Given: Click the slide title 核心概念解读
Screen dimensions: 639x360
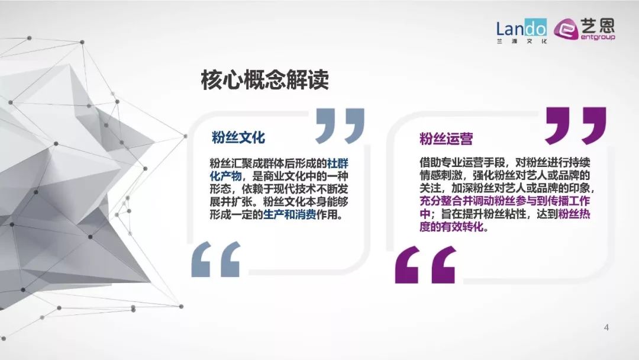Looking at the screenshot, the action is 265,80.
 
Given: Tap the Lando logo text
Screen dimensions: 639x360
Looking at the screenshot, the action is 521,28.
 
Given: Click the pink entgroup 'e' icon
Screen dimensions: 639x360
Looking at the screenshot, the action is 566,30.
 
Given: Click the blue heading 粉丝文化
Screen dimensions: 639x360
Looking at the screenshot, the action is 238,137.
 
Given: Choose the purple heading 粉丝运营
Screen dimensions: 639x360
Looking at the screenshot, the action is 446,139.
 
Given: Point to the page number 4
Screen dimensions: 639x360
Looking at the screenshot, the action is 606,327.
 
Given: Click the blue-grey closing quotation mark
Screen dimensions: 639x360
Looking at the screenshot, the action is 340,126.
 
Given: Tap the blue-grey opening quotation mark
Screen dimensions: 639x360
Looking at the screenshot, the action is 216,259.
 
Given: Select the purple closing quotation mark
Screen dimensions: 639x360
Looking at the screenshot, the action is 576,126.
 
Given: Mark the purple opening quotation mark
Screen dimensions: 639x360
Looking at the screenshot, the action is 425,265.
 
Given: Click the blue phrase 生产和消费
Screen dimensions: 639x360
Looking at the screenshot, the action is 289,214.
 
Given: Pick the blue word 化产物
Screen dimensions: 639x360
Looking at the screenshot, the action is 226,176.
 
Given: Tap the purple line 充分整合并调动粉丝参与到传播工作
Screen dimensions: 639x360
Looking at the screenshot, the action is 505,201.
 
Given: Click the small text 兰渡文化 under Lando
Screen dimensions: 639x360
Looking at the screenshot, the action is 521,41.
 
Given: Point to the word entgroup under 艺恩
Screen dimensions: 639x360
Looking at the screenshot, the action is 598,37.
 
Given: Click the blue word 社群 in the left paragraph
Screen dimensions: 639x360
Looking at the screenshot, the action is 338,163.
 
